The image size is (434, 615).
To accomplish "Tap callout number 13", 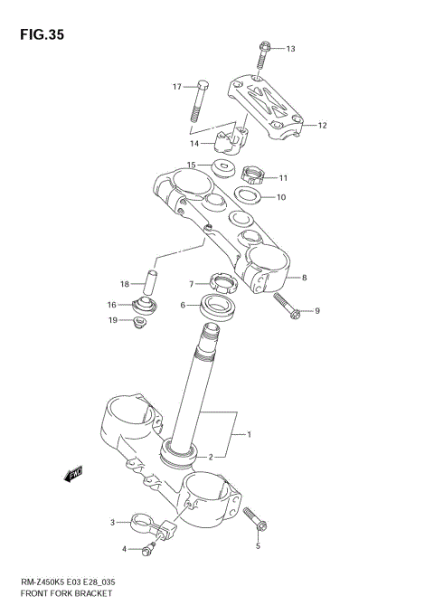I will click(290, 49).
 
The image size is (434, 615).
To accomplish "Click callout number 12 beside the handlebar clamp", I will click(322, 126).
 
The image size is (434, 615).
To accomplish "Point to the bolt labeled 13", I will click(263, 56).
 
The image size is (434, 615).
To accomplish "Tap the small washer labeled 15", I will click(221, 166).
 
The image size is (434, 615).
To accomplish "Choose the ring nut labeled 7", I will click(222, 285).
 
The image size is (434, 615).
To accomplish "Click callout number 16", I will click(112, 304).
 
